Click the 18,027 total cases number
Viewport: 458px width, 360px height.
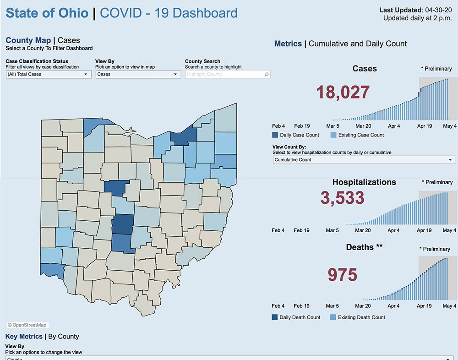pyautogui.click(x=343, y=92)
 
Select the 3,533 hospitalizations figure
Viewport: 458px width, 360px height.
pyautogui.click(x=343, y=198)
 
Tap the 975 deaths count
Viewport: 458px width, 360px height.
pyautogui.click(x=343, y=275)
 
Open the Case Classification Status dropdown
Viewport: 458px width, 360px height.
pyautogui.click(x=49, y=74)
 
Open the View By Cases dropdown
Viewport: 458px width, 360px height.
pyautogui.click(x=138, y=74)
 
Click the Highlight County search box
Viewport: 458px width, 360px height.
pyautogui.click(x=224, y=74)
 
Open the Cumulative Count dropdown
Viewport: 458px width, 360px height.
pyautogui.click(x=364, y=160)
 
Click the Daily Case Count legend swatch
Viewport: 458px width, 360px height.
pyautogui.click(x=275, y=135)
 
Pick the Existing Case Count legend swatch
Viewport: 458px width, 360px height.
pyautogui.click(x=333, y=135)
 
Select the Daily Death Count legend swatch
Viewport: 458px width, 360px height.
pyautogui.click(x=275, y=317)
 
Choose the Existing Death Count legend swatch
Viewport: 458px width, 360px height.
pyautogui.click(x=333, y=317)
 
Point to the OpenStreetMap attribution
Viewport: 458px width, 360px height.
pyautogui.click(x=27, y=325)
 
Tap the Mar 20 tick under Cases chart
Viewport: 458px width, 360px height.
pyautogui.click(x=363, y=126)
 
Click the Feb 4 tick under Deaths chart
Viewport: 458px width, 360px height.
pyautogui.click(x=278, y=306)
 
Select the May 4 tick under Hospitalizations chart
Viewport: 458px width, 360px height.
pyautogui.click(x=449, y=230)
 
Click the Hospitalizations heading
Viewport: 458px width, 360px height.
pyautogui.click(x=364, y=182)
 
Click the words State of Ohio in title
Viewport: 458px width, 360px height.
pyautogui.click(x=47, y=13)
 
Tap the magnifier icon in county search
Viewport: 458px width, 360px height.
pyautogui.click(x=267, y=74)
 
